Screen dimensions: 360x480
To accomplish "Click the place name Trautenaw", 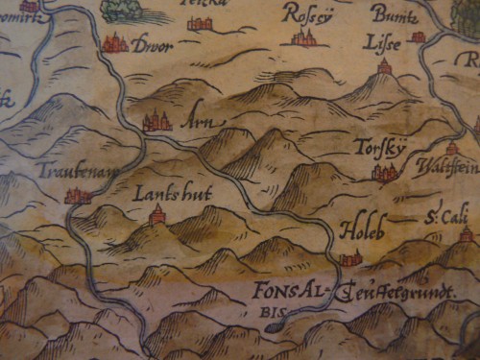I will click(70, 171).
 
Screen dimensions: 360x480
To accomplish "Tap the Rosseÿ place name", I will click(305, 12).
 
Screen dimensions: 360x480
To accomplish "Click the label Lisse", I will click(378, 41).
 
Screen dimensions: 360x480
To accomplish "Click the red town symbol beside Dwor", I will click(115, 42).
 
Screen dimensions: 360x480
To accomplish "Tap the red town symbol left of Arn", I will click(156, 120).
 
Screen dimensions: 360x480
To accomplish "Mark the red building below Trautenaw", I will click(77, 196).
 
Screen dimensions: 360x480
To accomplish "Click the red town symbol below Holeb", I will click(350, 257).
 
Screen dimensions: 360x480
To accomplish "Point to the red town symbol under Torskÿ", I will click(384, 173).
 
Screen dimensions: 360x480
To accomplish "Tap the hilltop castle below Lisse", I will click(385, 66).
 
